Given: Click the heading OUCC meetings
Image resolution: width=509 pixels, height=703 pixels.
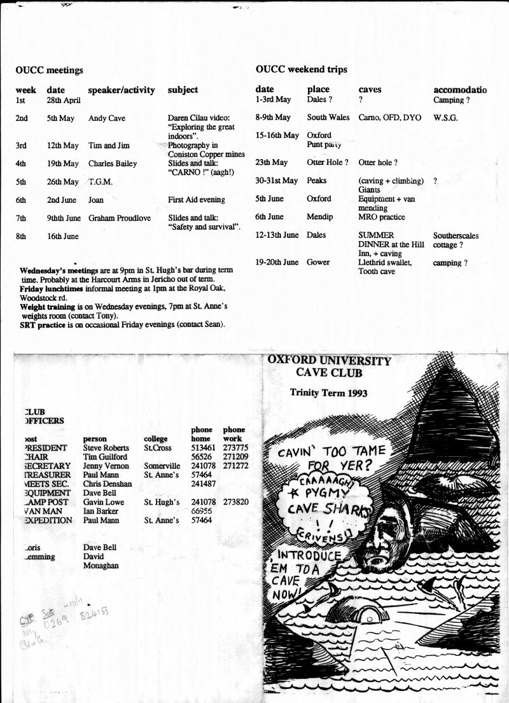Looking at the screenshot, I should click(x=50, y=70).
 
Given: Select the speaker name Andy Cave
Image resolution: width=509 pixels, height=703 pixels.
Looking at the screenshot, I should click(x=105, y=118).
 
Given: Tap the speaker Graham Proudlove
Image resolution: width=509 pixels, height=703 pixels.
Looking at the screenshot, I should click(x=120, y=218).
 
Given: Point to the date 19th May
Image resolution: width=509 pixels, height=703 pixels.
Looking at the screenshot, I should click(x=62, y=164).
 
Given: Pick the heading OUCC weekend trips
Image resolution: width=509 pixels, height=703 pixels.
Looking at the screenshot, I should click(x=301, y=69).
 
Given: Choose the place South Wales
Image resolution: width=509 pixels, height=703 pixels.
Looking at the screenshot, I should click(x=328, y=118).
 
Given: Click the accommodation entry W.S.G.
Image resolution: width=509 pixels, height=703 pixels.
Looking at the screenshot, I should click(x=447, y=118).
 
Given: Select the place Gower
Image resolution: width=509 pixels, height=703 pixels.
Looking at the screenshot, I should click(x=319, y=262).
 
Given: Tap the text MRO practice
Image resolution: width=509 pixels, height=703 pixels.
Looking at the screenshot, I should click(x=382, y=217).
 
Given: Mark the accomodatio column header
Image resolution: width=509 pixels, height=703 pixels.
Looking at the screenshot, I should click(x=460, y=90).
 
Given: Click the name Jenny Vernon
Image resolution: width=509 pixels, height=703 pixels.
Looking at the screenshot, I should click(x=106, y=466).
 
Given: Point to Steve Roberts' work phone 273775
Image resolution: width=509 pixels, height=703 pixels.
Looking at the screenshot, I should click(x=236, y=448).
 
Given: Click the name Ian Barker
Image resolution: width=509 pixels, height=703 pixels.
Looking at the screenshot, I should click(x=102, y=511).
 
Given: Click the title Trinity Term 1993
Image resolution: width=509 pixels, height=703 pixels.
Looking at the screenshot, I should click(x=328, y=393).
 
